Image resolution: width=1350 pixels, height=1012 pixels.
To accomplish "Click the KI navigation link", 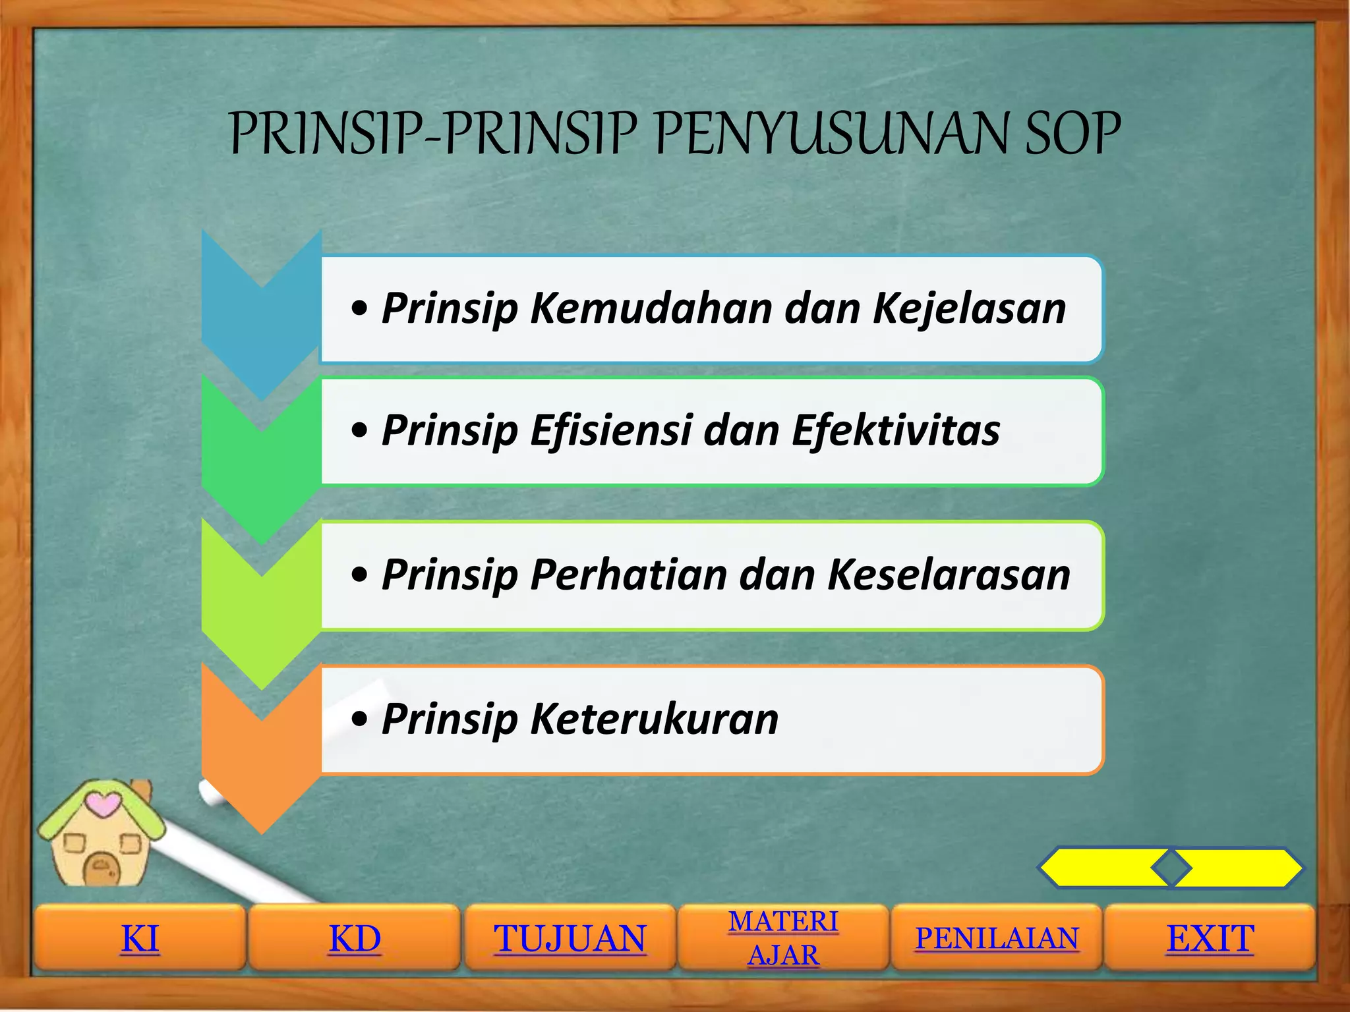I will [x=140, y=938].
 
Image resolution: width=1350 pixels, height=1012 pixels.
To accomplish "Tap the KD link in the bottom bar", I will [x=355, y=938].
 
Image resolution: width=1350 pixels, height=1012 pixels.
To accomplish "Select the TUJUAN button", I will [x=570, y=938].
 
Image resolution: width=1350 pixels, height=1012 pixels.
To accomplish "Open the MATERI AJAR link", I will [x=783, y=938].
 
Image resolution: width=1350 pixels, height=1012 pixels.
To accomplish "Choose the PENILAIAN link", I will [x=996, y=938].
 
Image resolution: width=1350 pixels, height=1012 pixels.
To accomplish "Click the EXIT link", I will [x=1210, y=938].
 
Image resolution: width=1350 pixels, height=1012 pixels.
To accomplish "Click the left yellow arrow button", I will [x=1104, y=868].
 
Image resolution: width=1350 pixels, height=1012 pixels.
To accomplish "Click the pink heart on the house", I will [x=103, y=804].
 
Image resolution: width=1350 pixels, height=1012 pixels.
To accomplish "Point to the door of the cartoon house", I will [x=101, y=869].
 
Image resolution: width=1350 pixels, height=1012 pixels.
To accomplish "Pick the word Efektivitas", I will [x=896, y=430].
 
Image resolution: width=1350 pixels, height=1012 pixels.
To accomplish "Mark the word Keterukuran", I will [x=654, y=718].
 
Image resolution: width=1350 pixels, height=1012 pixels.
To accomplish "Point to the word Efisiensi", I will [x=610, y=430].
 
